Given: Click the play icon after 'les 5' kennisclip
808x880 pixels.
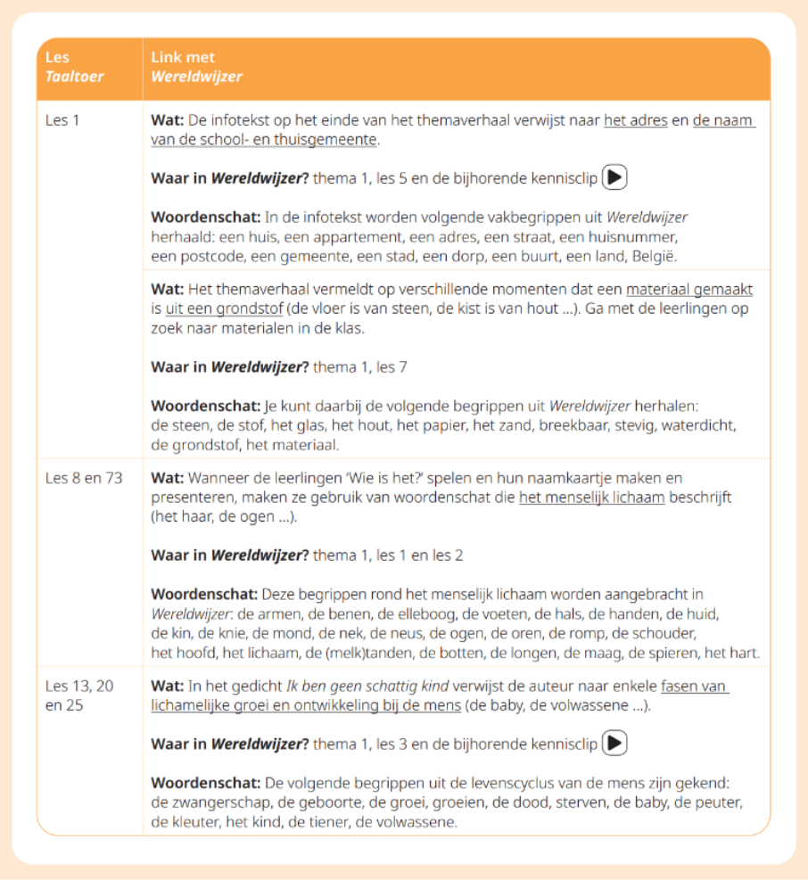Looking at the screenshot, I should [x=614, y=177].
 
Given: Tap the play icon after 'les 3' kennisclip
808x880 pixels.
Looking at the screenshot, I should [x=614, y=743].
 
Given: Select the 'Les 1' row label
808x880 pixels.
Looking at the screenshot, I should [x=62, y=119].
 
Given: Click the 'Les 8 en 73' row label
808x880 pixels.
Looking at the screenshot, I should [x=84, y=478].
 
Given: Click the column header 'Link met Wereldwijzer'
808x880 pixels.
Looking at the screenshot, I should [x=195, y=67].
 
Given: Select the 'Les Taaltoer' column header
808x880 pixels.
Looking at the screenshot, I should [x=74, y=67].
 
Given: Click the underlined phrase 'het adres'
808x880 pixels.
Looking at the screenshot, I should [x=635, y=120].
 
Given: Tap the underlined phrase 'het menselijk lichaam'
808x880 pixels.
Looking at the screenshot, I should [x=591, y=498].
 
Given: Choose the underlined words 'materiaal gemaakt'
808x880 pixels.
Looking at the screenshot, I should [x=688, y=290].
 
